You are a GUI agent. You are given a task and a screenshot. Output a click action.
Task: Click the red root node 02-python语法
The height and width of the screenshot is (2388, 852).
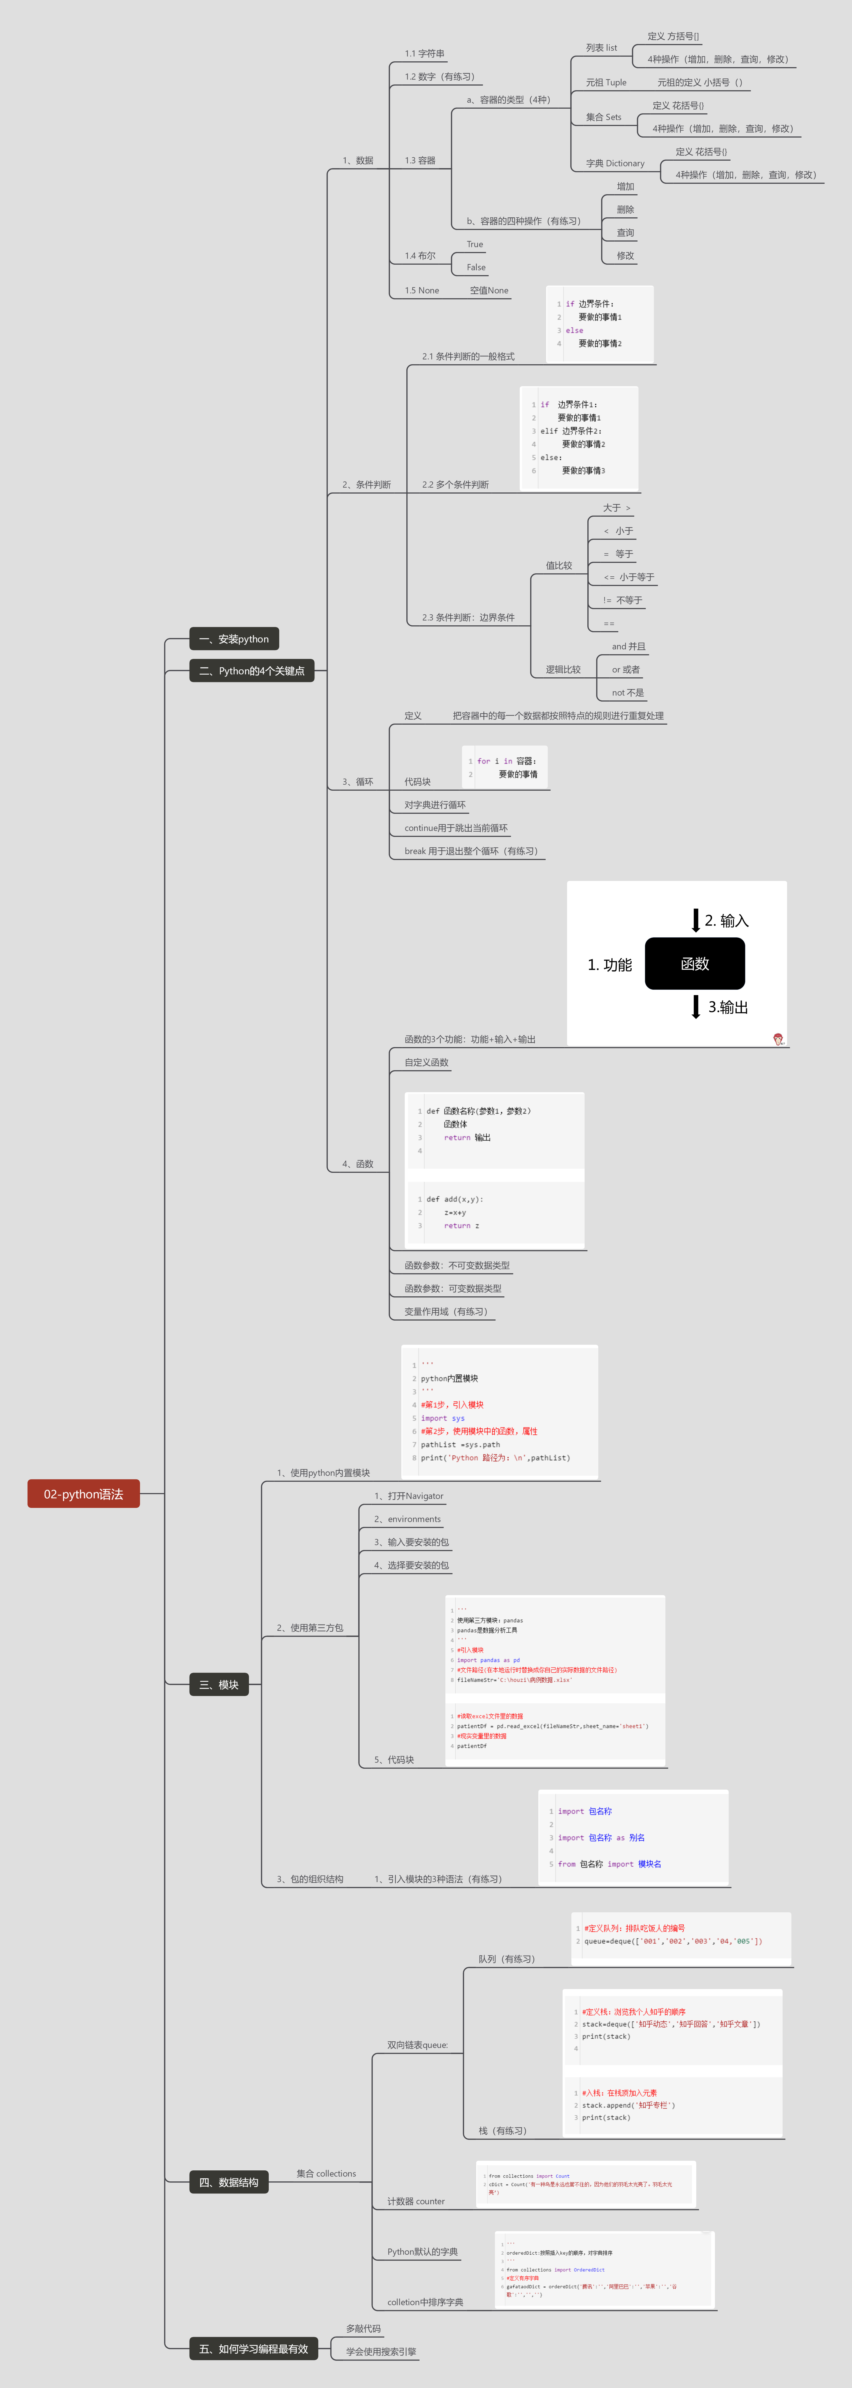83,1493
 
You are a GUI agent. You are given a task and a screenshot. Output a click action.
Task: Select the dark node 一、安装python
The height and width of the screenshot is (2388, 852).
234,639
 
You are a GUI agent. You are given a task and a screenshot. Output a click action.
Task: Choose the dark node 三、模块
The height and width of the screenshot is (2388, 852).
219,1684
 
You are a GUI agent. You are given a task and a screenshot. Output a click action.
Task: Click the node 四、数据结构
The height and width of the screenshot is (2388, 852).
228,2182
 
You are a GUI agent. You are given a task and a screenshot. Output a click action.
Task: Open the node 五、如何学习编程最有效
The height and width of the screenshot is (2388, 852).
253,2348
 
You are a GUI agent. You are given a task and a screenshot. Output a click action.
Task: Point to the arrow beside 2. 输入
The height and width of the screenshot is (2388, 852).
695,920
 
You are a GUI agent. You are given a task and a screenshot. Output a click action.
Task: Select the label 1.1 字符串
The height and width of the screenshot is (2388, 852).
424,54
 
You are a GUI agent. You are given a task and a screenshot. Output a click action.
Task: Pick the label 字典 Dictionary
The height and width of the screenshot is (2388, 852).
615,163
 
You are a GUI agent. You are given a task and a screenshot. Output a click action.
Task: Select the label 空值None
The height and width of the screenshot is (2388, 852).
489,290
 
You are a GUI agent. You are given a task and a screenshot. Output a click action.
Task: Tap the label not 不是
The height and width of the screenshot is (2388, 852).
628,692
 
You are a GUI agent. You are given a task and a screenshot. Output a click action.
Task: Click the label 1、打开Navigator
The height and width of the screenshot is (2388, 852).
409,1495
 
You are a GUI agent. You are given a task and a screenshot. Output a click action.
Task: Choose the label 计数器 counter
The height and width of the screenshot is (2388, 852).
415,2201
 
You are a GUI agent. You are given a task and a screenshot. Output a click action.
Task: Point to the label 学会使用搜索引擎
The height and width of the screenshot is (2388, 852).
381,2351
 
